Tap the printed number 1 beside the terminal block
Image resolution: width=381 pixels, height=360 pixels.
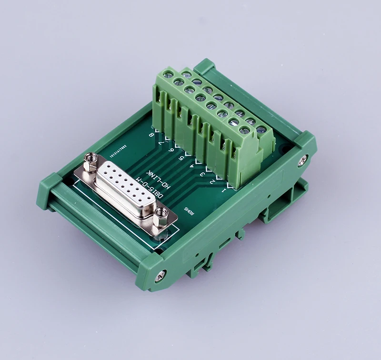[223, 191]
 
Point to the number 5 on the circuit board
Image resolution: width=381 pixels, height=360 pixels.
[181, 159]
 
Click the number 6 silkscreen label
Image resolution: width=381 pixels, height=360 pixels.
[171, 150]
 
